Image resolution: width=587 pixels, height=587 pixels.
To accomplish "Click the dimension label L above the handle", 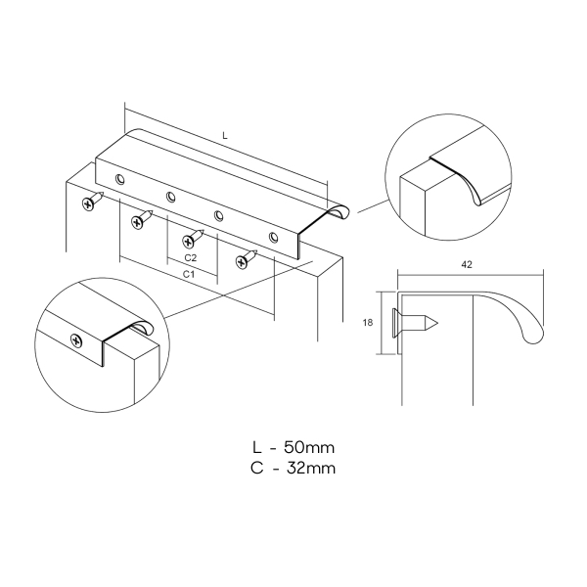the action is tap(225, 136).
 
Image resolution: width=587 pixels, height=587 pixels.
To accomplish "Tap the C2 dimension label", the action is tap(191, 258).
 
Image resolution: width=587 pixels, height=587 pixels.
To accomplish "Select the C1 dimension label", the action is tap(189, 274).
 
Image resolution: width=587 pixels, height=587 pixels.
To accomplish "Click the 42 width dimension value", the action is tap(467, 265).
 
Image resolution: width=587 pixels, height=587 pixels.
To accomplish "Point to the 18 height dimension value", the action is tap(368, 322).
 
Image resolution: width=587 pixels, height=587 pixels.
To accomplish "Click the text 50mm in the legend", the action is tap(309, 447).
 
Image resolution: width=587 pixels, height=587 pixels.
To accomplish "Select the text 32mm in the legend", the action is tap(311, 468).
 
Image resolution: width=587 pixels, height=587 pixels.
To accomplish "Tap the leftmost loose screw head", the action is tap(88, 204).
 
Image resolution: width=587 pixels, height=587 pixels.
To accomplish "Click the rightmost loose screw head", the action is tap(242, 261).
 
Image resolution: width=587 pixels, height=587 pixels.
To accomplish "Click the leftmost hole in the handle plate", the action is tap(120, 179).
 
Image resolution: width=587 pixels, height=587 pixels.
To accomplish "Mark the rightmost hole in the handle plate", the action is tap(274, 237).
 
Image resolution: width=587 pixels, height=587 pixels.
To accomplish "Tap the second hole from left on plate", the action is tap(170, 197).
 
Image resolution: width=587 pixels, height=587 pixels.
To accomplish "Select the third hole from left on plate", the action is tap(218, 215).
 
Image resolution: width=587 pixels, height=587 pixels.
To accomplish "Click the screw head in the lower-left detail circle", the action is tap(76, 340).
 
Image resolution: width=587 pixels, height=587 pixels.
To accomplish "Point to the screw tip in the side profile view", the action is tap(436, 323).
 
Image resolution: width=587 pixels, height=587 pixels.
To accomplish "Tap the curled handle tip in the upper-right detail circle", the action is tap(477, 201).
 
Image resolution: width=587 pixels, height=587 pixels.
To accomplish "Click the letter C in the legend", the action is tap(256, 468).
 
